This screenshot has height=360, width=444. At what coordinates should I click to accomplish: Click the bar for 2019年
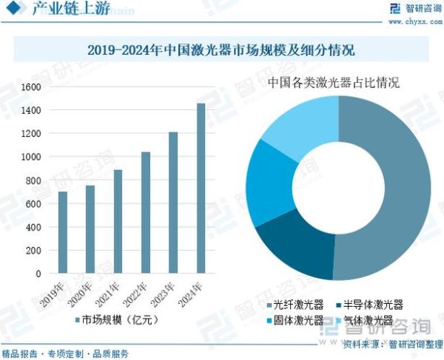point(63,233)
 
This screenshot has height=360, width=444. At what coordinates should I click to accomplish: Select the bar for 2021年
point(118,222)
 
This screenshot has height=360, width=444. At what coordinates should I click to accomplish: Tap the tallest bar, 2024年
point(201,189)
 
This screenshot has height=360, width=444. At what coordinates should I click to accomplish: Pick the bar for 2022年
point(146,213)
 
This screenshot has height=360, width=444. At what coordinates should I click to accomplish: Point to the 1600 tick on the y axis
point(30,86)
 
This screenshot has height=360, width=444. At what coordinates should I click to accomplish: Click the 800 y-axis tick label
point(33,180)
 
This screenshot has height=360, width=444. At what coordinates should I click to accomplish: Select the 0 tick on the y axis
point(38,274)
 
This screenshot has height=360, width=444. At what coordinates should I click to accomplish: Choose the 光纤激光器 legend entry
point(294,305)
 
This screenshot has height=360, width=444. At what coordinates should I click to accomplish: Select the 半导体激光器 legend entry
point(369,305)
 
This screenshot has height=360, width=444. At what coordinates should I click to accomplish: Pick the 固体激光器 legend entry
point(294,321)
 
